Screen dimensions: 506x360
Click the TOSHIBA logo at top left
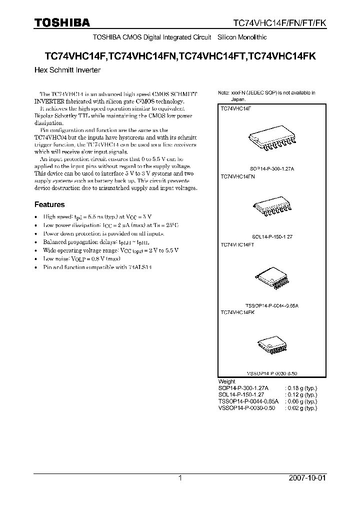61,22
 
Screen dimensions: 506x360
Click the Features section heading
49,204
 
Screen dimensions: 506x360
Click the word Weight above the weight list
227,381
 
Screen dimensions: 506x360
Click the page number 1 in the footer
180,478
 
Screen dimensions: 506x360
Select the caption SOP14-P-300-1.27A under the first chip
272,170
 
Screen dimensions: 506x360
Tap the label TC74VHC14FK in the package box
237,312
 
